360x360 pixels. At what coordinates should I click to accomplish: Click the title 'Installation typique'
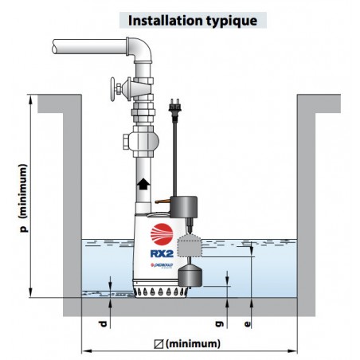click(x=193, y=21)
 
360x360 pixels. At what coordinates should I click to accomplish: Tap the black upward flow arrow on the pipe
click(x=143, y=184)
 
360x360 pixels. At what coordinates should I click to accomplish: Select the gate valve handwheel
click(x=113, y=89)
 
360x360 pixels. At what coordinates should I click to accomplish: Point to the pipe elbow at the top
click(x=141, y=49)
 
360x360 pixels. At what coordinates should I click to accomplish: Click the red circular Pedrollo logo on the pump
click(x=162, y=234)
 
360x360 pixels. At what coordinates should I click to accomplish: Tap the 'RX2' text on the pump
click(x=162, y=254)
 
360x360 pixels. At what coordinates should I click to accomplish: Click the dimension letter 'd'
click(x=103, y=324)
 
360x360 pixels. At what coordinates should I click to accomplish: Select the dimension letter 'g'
click(x=220, y=324)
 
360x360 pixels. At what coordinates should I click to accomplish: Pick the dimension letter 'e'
click(x=247, y=324)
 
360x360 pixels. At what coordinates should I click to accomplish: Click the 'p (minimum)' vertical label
click(x=23, y=198)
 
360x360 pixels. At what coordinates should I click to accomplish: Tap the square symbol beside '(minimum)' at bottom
click(x=158, y=344)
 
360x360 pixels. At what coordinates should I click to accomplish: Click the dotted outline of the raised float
click(x=190, y=246)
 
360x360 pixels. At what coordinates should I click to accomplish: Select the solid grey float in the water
click(x=190, y=276)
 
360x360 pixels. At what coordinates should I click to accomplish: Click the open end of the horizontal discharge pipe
click(x=55, y=47)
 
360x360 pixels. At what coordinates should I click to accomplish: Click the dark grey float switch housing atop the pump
click(x=184, y=207)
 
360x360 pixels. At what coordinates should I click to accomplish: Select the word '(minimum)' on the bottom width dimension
click(x=193, y=344)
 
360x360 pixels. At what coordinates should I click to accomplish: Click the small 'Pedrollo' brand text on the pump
click(x=162, y=265)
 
